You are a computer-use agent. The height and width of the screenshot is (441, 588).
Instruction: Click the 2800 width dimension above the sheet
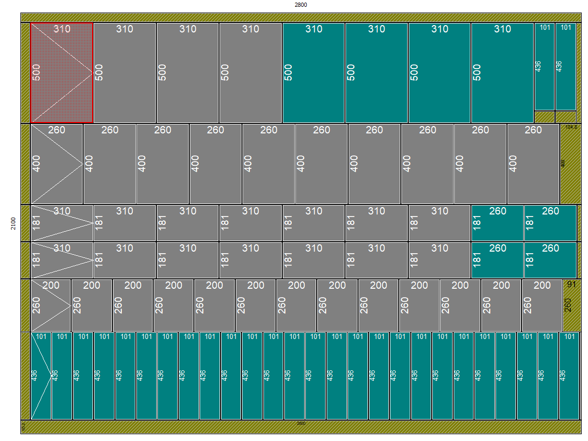(x=301, y=5)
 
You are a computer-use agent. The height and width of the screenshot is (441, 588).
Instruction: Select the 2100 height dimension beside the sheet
(x=13, y=224)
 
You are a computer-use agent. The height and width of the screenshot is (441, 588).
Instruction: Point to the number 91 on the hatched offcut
(x=571, y=285)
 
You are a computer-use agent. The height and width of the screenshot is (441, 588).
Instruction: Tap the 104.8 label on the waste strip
(x=571, y=127)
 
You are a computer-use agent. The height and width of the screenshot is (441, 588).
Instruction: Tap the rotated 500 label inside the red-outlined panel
(x=36, y=72)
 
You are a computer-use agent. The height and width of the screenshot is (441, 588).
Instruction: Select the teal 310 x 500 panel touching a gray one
(x=313, y=73)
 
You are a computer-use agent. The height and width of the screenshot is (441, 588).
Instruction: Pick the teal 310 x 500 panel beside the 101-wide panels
(x=502, y=73)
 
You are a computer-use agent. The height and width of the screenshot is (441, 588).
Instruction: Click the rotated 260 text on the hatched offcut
(x=568, y=304)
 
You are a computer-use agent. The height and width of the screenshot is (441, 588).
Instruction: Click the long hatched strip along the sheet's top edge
(x=301, y=17)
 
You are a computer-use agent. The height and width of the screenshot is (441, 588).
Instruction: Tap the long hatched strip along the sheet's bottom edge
(x=301, y=427)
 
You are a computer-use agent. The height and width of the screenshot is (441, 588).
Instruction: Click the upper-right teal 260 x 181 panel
(x=550, y=223)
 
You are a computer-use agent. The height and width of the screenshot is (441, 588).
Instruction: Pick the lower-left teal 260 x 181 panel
(x=497, y=261)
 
